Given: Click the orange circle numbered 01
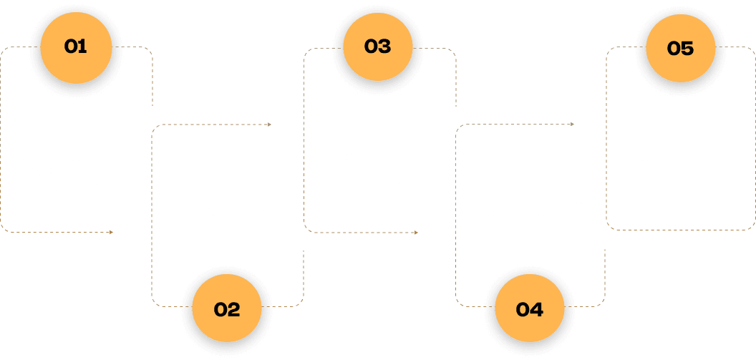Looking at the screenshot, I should (75, 47).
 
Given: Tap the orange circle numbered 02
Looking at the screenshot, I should (227, 309).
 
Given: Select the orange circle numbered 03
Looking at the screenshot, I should (377, 47).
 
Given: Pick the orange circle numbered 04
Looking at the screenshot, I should (529, 309).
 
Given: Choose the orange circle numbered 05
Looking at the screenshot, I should (680, 48).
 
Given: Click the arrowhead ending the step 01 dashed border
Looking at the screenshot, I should (111, 232).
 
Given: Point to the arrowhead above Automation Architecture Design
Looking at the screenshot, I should (269, 125).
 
